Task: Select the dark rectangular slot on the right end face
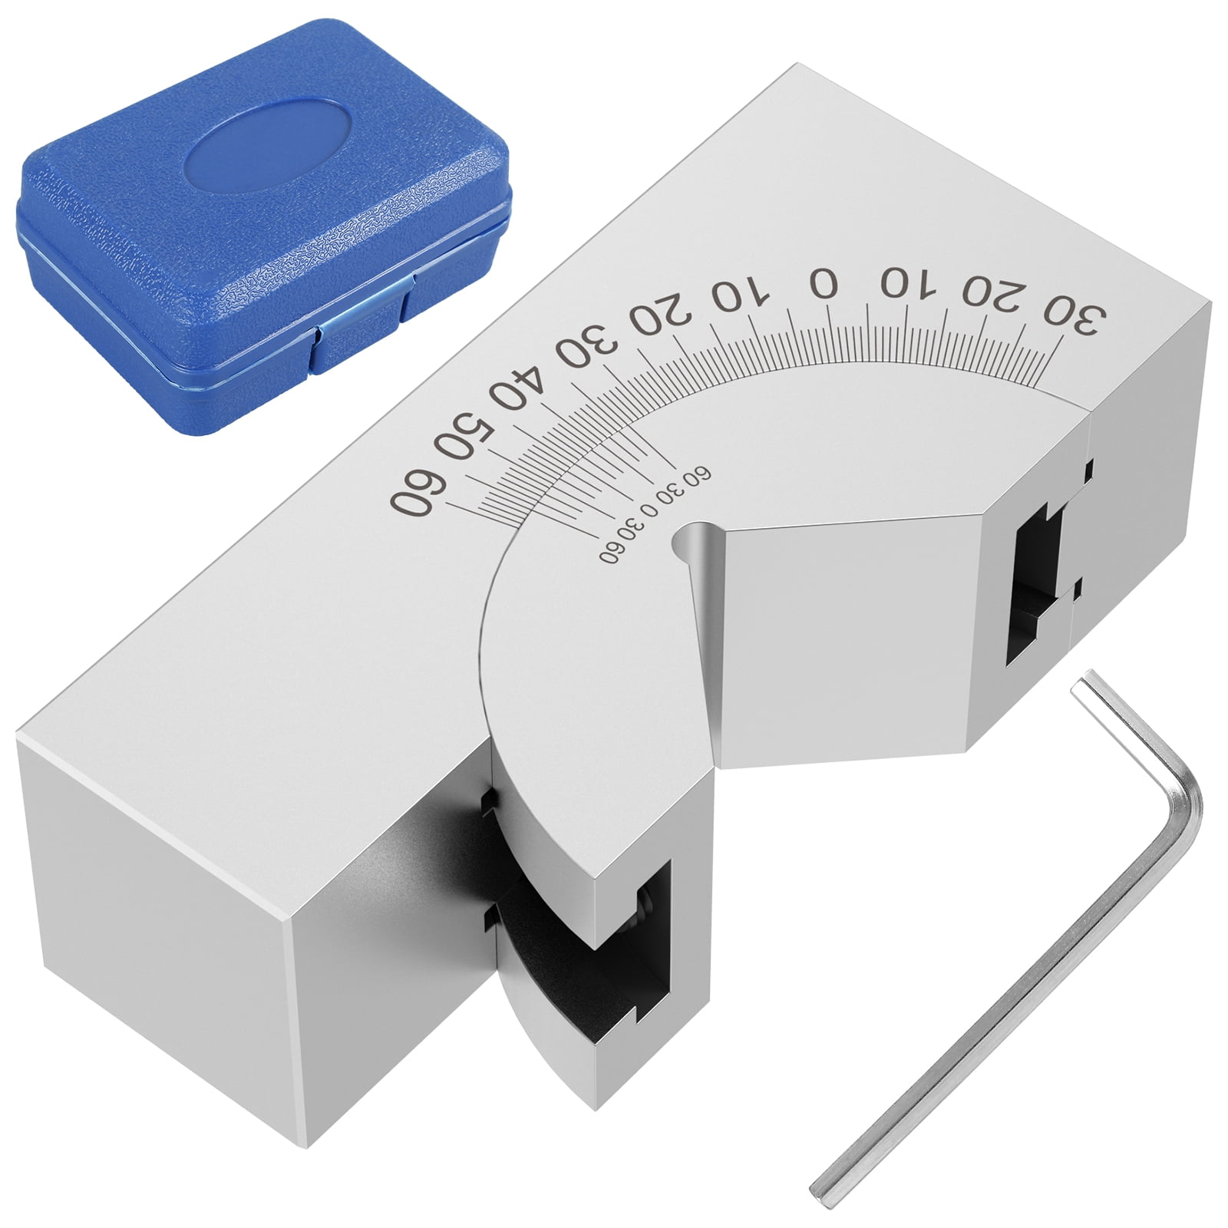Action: [x=1032, y=583]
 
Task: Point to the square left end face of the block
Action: [x=153, y=906]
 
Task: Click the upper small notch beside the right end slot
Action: [x=1088, y=469]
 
